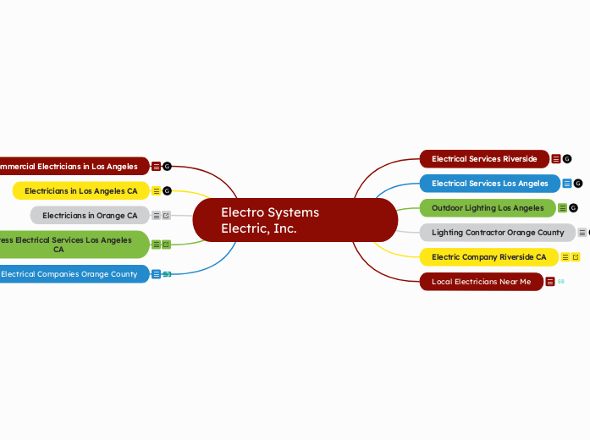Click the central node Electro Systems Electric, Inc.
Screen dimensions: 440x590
(295, 220)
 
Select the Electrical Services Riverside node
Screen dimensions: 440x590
(483, 158)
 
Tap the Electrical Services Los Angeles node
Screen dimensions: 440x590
(489, 183)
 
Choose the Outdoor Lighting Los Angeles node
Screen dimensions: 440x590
(487, 207)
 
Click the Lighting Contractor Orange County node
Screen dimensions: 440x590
(497, 232)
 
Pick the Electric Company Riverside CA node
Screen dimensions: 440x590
(488, 256)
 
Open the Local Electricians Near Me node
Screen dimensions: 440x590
(480, 281)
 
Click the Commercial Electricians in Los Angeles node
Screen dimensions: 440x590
(73, 166)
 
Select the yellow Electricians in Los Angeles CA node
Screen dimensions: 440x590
(80, 190)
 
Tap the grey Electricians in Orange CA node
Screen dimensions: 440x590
(90, 215)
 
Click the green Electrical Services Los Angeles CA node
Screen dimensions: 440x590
(73, 245)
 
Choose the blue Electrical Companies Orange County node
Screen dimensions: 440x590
(73, 273)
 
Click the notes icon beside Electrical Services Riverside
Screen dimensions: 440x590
(556, 158)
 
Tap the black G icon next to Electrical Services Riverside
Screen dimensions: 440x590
(567, 158)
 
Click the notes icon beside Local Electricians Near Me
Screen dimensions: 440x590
(550, 281)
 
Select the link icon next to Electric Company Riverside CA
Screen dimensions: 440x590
(576, 256)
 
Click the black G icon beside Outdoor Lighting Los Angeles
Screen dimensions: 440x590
(573, 207)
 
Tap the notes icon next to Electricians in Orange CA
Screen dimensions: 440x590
(156, 215)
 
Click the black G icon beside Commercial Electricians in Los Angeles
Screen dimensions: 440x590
(167, 166)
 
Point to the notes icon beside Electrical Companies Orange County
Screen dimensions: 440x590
(156, 273)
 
